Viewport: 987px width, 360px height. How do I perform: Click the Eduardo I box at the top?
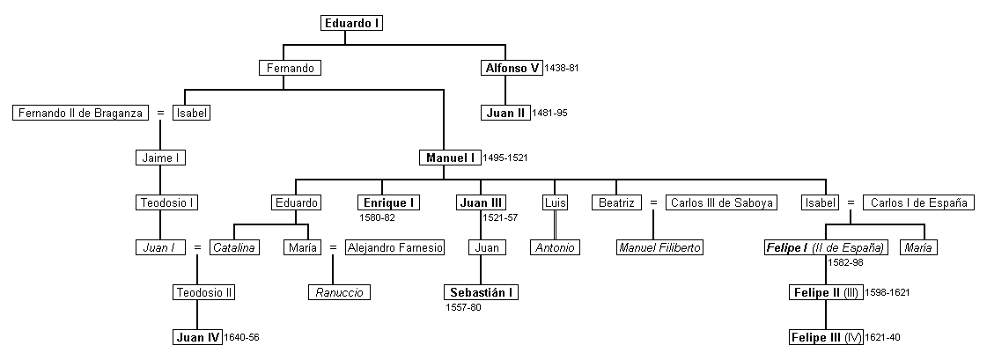352,24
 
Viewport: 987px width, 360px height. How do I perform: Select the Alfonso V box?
511,68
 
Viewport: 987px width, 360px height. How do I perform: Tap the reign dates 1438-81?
562,68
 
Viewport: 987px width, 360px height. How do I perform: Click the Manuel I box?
449,158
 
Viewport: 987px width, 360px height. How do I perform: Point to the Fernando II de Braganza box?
80,113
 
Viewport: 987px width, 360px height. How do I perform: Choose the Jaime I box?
161,158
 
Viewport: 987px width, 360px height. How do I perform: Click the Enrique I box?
387,202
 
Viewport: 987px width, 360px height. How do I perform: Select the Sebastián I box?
481,292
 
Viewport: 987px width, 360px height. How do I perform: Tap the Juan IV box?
197,337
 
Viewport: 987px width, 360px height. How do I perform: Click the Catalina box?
233,247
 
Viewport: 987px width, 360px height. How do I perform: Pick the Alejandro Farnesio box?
395,247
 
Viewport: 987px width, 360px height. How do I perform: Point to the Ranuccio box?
339,292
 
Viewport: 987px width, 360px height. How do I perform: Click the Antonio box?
555,247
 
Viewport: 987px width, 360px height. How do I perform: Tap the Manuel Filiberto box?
660,247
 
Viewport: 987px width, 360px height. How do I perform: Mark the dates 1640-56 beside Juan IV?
243,337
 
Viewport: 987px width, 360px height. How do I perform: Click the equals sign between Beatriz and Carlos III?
653,202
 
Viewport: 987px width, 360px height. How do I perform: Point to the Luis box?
554,202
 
